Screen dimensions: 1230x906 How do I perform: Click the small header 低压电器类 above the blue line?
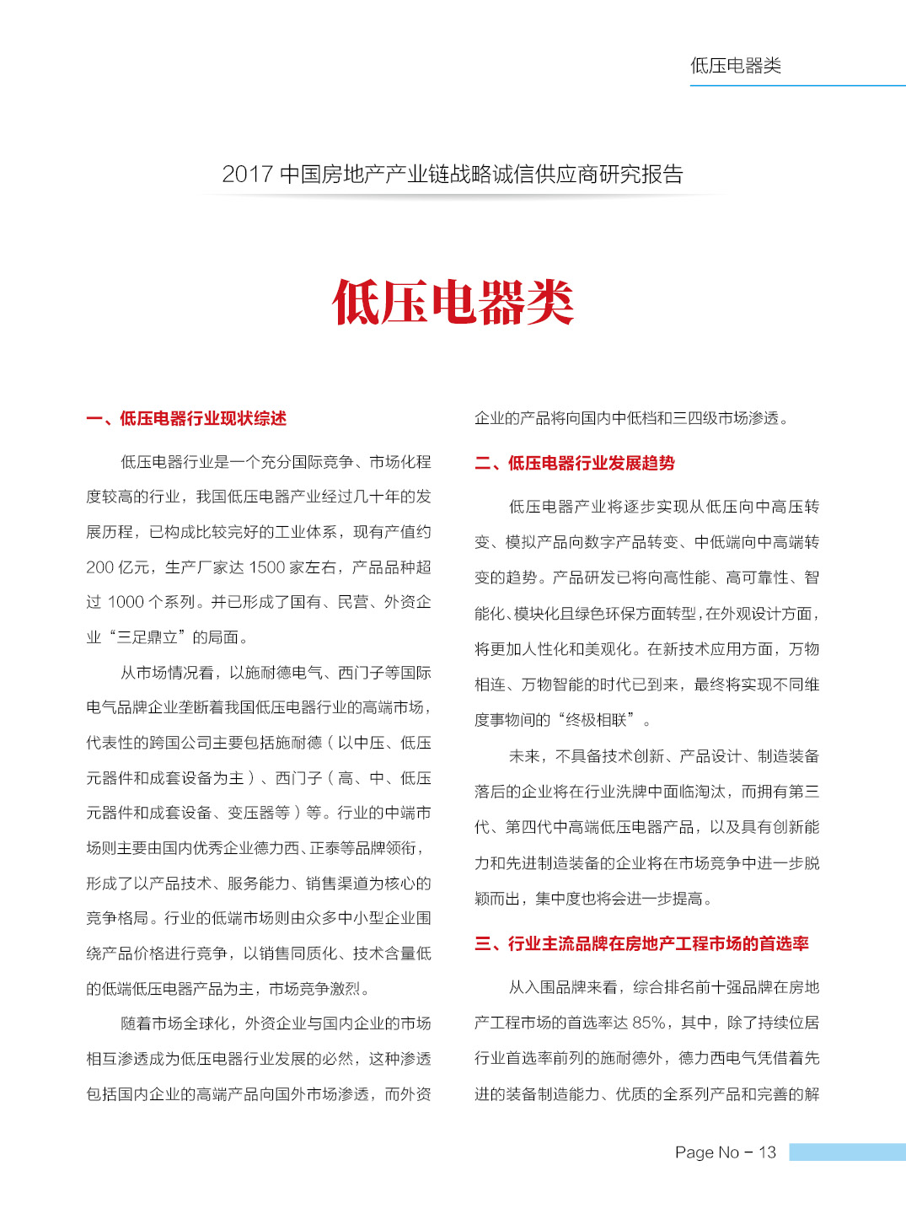[x=736, y=66]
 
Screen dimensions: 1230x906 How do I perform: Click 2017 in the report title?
[x=247, y=175]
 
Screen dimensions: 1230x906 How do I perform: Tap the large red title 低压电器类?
[x=453, y=303]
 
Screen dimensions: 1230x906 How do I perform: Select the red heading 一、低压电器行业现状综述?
[x=186, y=419]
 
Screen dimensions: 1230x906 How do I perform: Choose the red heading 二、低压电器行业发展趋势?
[x=575, y=463]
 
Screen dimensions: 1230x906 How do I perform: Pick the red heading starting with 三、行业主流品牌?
[x=641, y=943]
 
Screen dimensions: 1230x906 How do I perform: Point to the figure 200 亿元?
[x=120, y=567]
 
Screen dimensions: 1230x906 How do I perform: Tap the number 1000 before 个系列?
[x=126, y=602]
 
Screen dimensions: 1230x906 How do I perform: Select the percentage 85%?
[x=649, y=1023]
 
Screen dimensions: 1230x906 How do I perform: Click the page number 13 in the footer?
[x=767, y=1152]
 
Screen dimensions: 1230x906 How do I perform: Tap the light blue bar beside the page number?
[x=847, y=1152]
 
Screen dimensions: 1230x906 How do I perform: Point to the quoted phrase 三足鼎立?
[x=147, y=637]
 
